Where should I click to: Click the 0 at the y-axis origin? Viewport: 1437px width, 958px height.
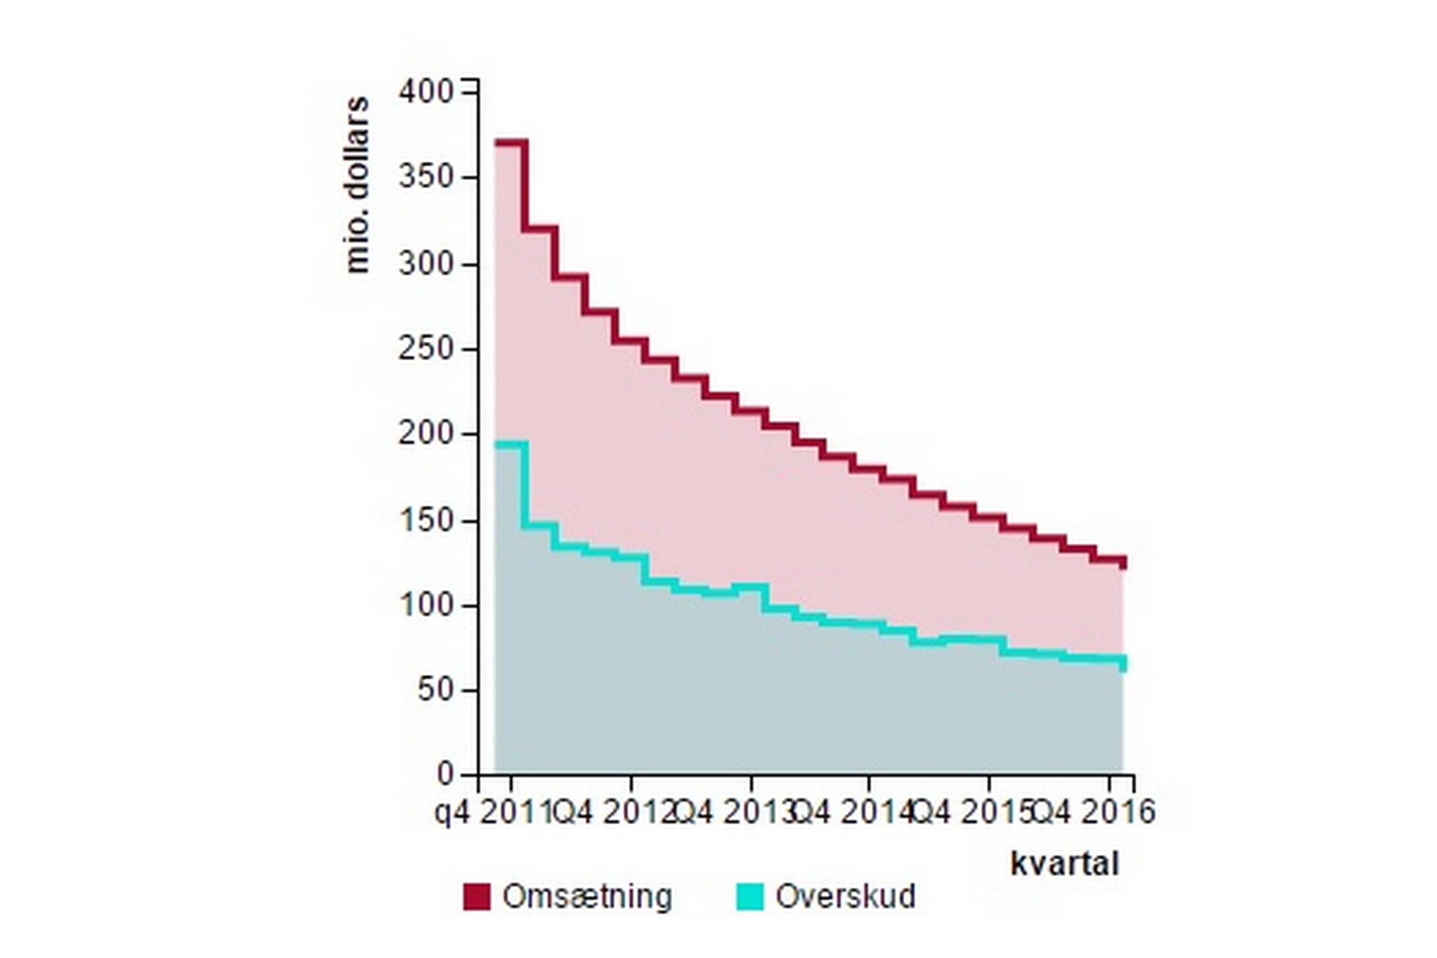pyautogui.click(x=445, y=774)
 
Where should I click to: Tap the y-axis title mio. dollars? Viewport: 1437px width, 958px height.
pyautogui.click(x=358, y=185)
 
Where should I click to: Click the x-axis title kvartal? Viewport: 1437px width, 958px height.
pyautogui.click(x=1065, y=864)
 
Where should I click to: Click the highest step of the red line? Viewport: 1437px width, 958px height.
pyautogui.click(x=511, y=143)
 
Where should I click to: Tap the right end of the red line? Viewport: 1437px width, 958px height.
pyautogui.click(x=1123, y=562)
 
